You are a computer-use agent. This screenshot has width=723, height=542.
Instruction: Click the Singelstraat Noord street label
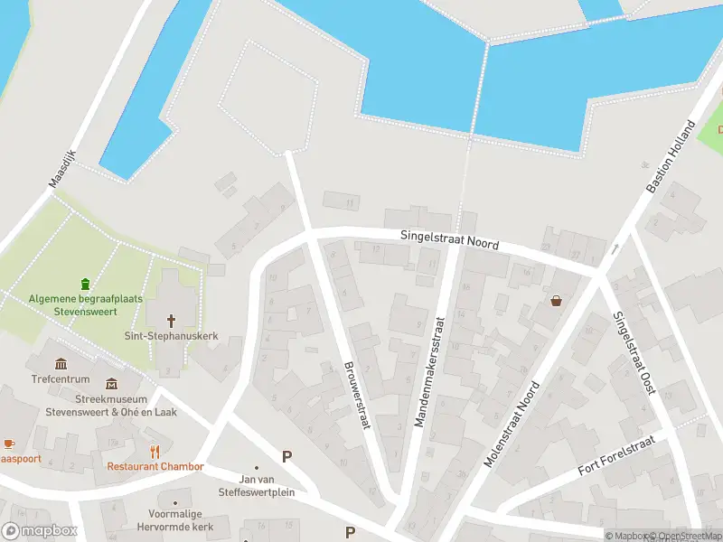450,240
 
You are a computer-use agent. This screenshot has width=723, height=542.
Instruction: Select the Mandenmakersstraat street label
429,371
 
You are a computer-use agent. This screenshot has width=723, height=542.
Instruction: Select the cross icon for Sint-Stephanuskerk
172,320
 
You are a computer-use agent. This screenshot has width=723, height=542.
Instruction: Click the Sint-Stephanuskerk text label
172,336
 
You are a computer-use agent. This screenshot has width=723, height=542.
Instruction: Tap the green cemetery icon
85,284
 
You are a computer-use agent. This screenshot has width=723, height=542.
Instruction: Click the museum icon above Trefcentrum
61,363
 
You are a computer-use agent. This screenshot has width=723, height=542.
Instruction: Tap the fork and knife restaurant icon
155,451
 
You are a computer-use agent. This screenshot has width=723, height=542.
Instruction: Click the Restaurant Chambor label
155,467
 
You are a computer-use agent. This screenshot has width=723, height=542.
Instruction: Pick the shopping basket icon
555,301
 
